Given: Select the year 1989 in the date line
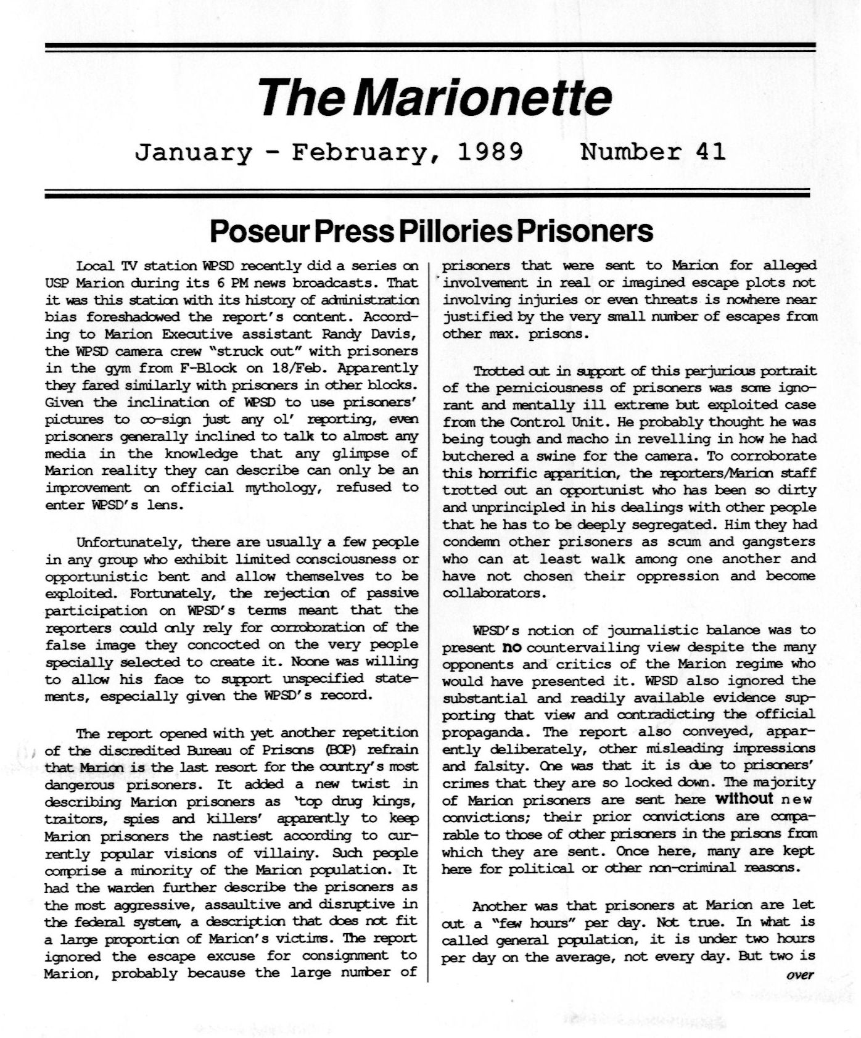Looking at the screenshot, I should pos(490,152).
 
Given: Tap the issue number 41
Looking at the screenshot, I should pos(709,152).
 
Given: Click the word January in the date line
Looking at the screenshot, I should pos(194,152).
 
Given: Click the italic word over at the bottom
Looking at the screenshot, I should pos(800,975).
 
